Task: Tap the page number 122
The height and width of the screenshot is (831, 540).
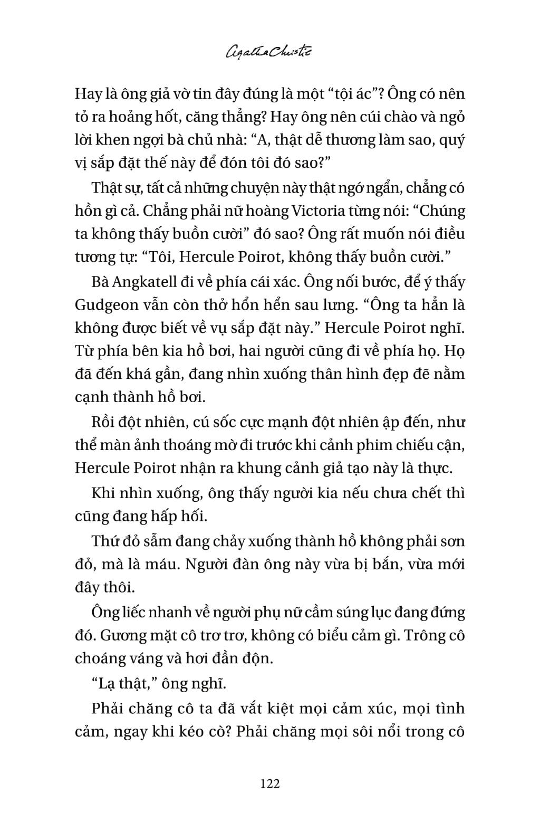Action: click(269, 783)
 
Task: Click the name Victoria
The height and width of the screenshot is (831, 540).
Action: click(311, 211)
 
